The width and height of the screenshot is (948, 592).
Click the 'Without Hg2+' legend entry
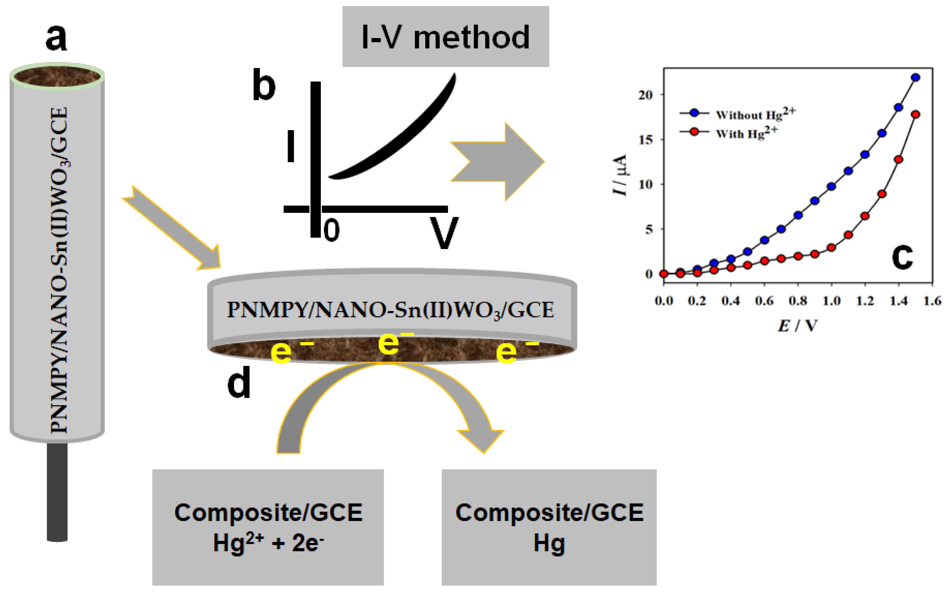pyautogui.click(x=755, y=114)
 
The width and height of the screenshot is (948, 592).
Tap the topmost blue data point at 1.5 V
pyautogui.click(x=915, y=78)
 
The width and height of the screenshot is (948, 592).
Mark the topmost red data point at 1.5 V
pyautogui.click(x=915, y=114)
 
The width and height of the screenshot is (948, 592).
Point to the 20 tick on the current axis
pyautogui.click(x=645, y=95)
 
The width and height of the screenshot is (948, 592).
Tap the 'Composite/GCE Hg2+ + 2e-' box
pyautogui.click(x=268, y=527)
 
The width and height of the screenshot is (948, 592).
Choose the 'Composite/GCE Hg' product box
pyautogui.click(x=549, y=527)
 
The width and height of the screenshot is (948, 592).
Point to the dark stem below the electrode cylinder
pyautogui.click(x=57, y=491)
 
